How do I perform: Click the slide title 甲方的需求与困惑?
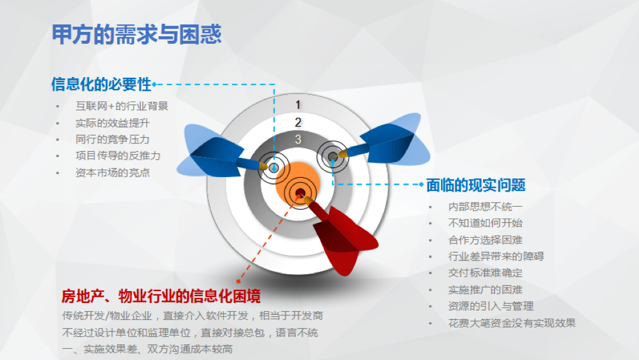click(x=137, y=34)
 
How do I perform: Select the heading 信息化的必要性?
click(x=101, y=85)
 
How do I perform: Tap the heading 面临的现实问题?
click(x=475, y=185)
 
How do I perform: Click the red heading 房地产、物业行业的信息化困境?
click(x=161, y=296)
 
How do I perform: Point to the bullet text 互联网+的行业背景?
click(x=122, y=106)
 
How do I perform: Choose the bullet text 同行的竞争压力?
click(x=113, y=139)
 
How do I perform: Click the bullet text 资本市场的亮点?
click(x=113, y=173)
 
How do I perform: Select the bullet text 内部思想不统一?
click(x=486, y=207)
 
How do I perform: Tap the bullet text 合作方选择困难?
click(x=486, y=240)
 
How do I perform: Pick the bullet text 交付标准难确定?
click(x=486, y=273)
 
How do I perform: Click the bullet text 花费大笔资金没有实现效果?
click(x=512, y=323)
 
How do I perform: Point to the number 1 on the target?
click(x=298, y=105)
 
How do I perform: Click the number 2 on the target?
click(x=298, y=122)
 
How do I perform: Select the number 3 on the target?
click(x=298, y=139)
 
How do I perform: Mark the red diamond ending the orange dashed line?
click(x=239, y=281)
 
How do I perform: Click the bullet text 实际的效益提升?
click(x=113, y=123)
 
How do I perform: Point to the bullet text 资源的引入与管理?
click(x=491, y=306)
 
